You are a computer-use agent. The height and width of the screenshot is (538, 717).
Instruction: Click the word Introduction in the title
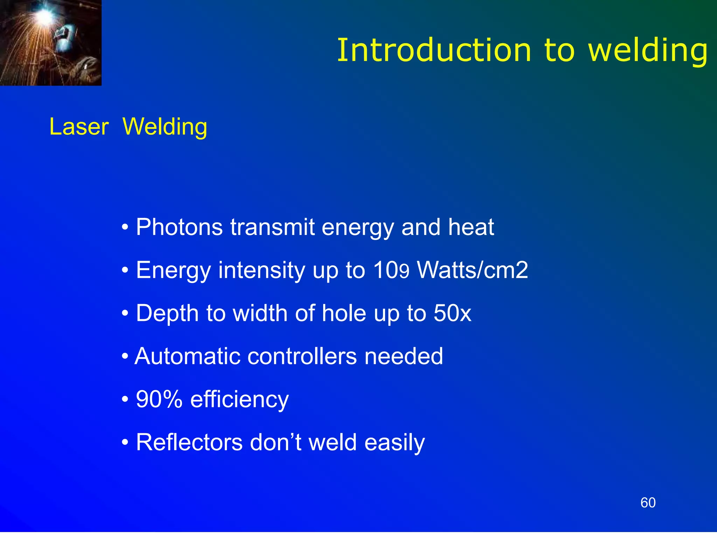coord(434,50)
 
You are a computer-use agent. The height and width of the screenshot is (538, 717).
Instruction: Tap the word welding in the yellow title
coord(648,51)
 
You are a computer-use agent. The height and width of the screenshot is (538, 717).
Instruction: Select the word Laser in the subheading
coord(79,127)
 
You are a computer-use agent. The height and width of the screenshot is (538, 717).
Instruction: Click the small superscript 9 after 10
coord(404,272)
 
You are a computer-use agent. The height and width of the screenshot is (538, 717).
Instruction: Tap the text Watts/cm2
coord(473,270)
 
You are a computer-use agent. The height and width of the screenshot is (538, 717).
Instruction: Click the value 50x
coord(452,313)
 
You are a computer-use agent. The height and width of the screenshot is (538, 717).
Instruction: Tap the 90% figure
coord(159,399)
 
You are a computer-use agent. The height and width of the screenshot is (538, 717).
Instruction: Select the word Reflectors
coord(189,442)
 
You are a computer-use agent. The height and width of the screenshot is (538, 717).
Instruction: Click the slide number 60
coord(648,503)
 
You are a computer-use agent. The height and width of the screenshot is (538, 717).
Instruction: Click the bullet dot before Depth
coord(125,314)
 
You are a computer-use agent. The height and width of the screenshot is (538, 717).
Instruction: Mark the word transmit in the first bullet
coord(272,228)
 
